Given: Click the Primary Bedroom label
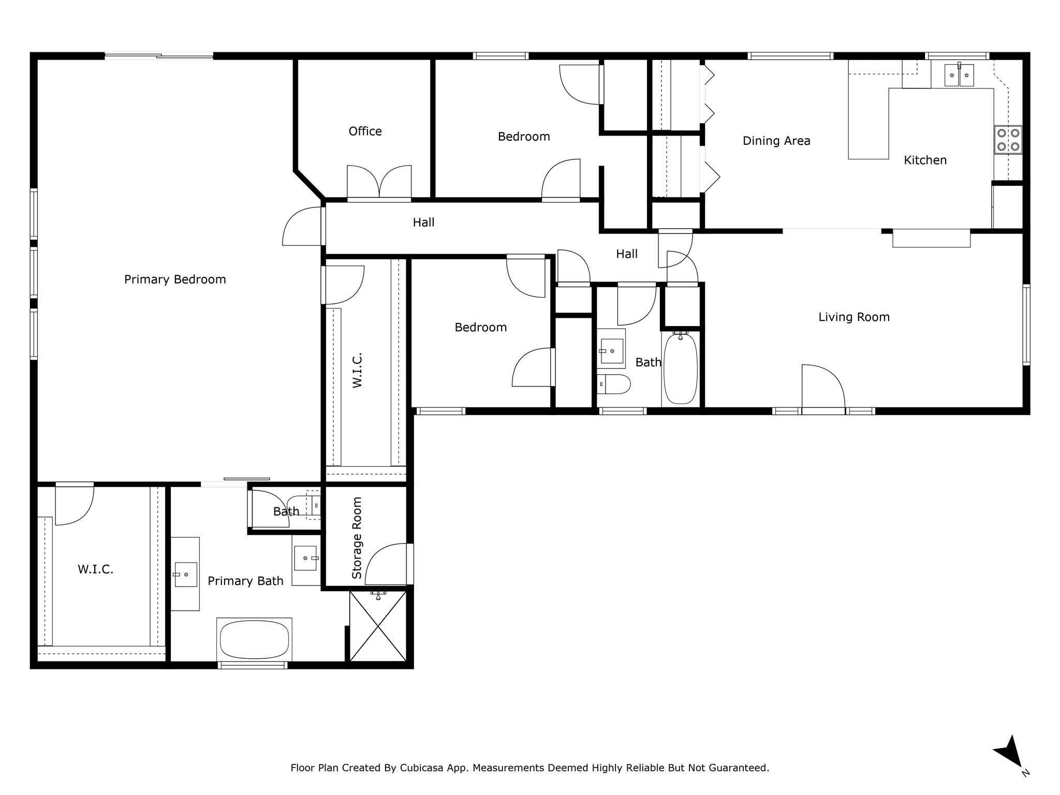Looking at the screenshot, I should [175, 279].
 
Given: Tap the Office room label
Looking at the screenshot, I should [365, 131].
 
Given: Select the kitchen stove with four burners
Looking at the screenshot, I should [1008, 140].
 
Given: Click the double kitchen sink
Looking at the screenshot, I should [959, 76].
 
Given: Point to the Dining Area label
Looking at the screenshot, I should [776, 141].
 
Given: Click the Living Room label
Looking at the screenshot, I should [853, 317].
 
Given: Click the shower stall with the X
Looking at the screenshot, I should [378, 626].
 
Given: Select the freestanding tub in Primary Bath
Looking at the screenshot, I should [254, 640].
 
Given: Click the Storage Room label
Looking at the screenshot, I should [357, 538].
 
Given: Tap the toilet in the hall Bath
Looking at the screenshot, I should [614, 384].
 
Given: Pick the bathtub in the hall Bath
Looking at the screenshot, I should [680, 369].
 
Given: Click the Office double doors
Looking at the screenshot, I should [379, 182].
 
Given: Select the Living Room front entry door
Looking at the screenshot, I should [823, 388].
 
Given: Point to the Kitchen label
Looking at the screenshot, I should [925, 160].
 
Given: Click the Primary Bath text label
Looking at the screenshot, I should [245, 581].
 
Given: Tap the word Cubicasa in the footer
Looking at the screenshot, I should [421, 768].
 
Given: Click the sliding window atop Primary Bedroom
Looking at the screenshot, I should [159, 56].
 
